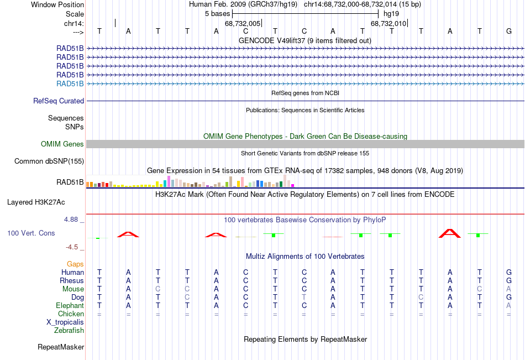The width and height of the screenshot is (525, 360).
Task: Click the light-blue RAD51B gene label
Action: (70, 84)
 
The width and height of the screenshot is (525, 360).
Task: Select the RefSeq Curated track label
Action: (59, 101)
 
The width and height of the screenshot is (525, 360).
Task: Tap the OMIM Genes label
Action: (62, 144)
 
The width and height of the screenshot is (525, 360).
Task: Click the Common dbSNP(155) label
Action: (49, 161)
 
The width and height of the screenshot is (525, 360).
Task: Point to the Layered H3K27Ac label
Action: (36, 202)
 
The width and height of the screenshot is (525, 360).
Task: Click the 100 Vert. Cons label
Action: (31, 233)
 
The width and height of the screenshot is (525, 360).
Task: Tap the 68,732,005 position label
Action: (243, 23)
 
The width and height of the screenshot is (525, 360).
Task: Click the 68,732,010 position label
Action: (389, 23)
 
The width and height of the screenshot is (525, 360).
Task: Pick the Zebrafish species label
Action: (69, 331)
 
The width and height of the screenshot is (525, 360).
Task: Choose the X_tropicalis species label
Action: (65, 322)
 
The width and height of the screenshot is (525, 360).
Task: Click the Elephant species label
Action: (70, 306)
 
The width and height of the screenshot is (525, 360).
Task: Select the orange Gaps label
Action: (75, 264)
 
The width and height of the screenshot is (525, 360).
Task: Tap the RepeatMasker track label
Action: (61, 347)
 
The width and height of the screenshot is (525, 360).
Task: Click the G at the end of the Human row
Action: (509, 272)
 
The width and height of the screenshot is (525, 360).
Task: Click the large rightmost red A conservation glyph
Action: (450, 233)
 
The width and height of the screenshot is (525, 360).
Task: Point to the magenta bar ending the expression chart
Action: (293, 185)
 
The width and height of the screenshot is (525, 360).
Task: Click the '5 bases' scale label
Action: (218, 14)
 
